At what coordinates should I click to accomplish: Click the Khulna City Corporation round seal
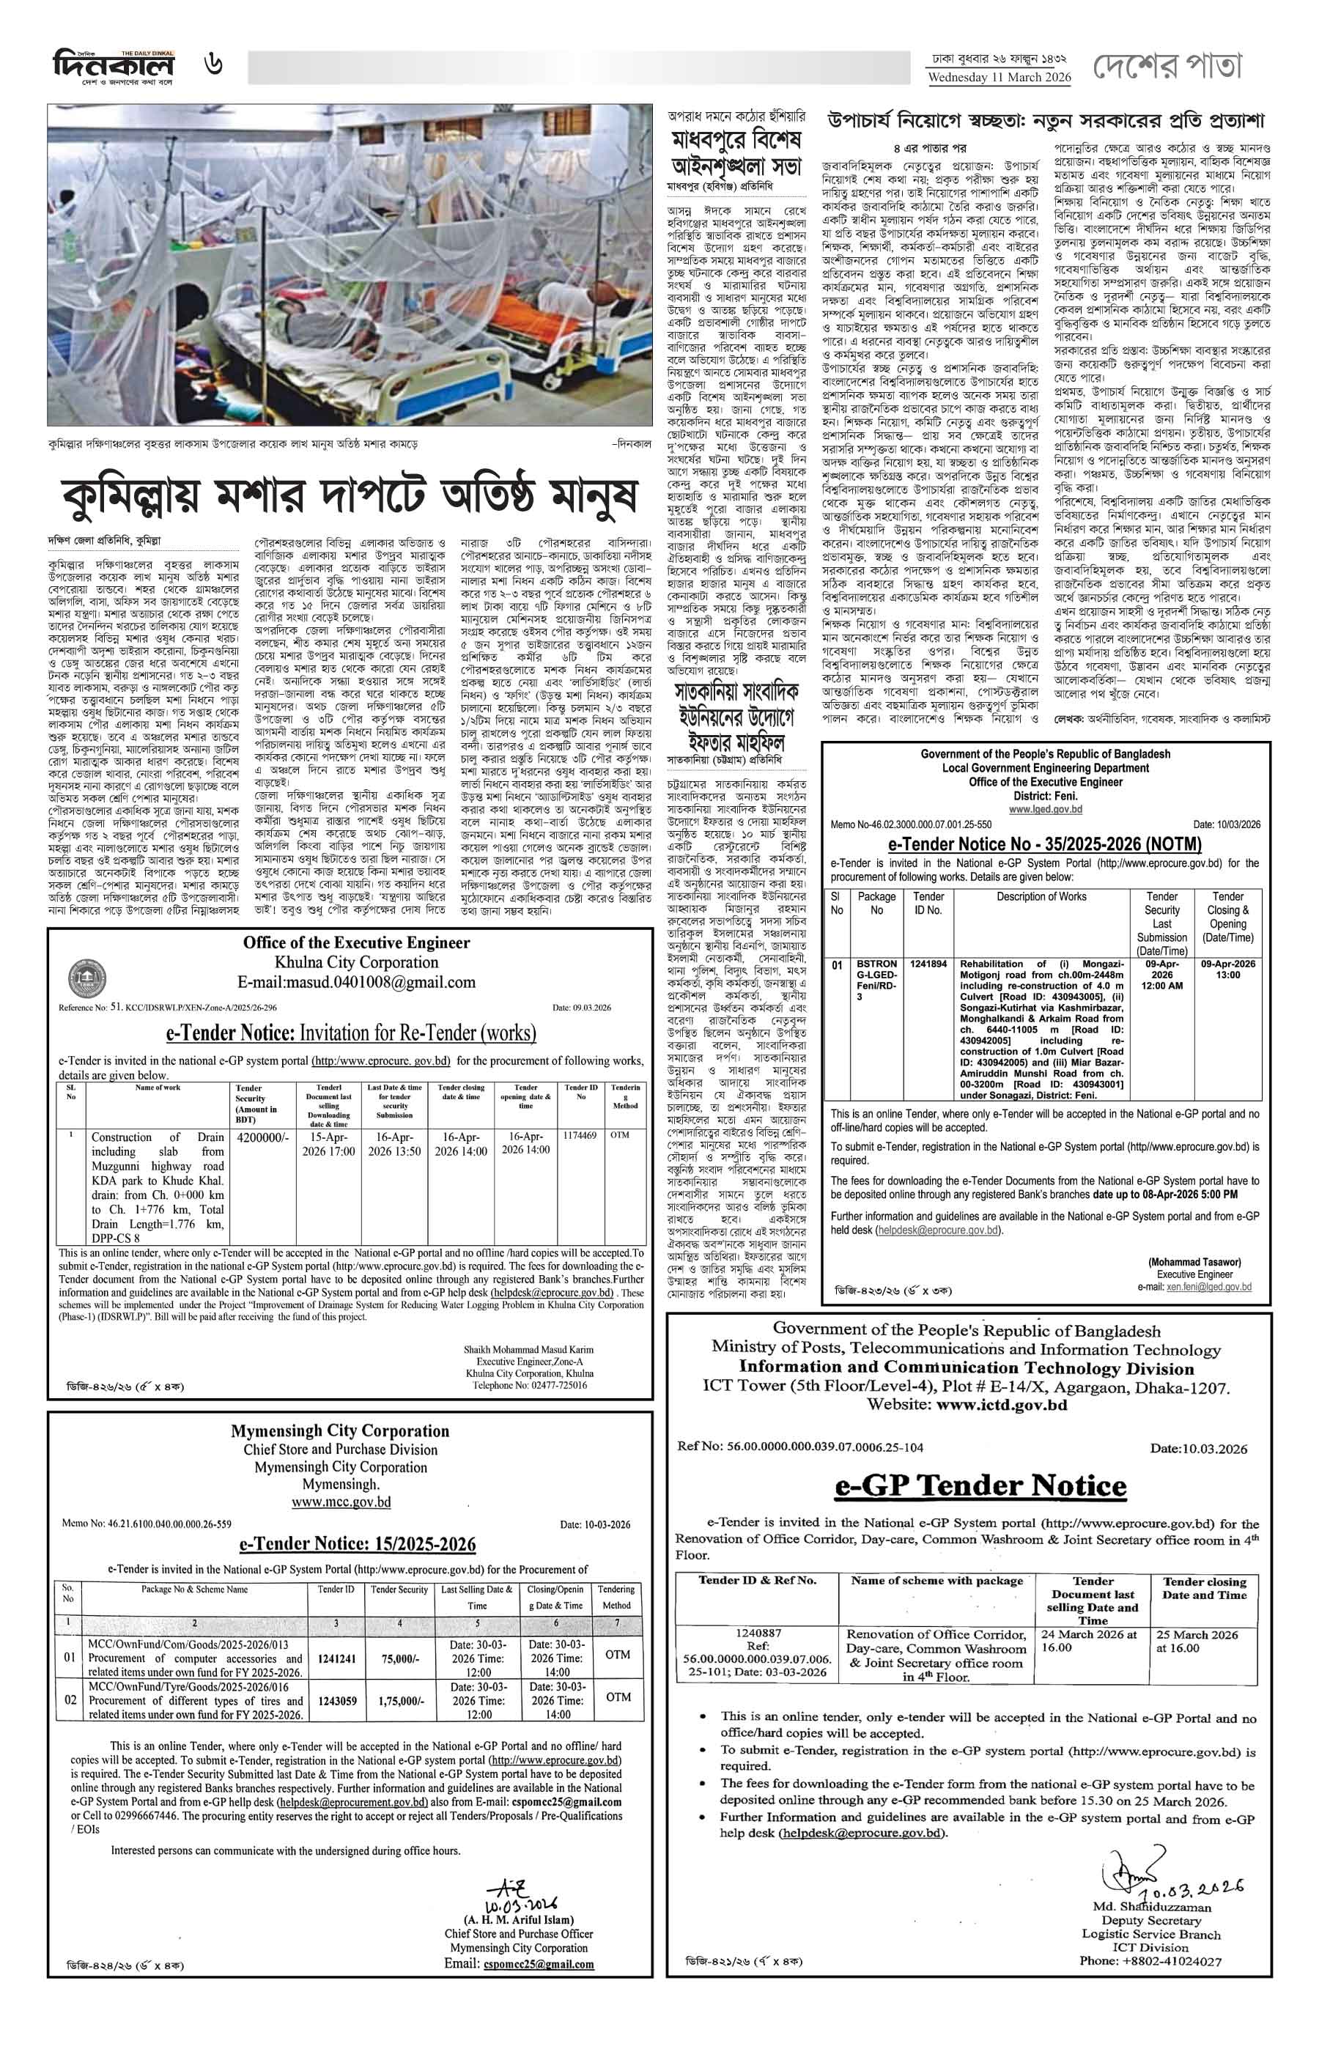(x=87, y=978)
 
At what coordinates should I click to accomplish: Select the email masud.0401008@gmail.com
(x=356, y=982)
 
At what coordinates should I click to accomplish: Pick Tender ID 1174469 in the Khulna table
(x=580, y=1135)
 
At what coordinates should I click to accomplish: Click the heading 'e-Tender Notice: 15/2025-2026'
(x=357, y=1543)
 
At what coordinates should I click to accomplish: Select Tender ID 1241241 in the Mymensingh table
(x=336, y=1658)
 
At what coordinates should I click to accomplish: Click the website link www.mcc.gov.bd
(x=341, y=1502)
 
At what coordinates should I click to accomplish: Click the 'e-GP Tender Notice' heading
(x=980, y=1485)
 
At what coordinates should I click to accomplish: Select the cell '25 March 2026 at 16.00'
(x=1197, y=1640)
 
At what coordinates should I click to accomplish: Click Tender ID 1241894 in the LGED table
(x=928, y=964)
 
